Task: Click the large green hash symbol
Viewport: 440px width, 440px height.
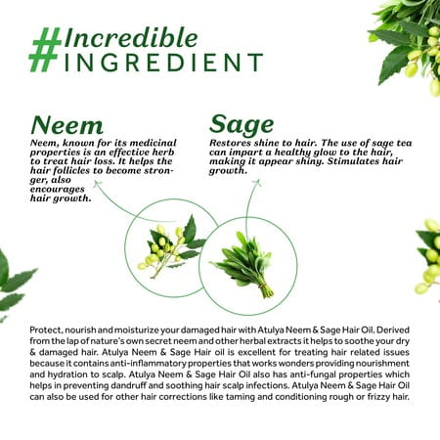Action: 45,50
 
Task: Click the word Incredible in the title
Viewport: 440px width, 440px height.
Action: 131,38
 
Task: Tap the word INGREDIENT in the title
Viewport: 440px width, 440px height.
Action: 164,63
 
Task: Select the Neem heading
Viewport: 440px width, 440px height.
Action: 66,125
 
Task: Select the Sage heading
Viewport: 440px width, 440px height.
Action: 242,125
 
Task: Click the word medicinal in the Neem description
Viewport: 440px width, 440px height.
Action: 153,143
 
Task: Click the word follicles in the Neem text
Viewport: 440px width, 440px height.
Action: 78,170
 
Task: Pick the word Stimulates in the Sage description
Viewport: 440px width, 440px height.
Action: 354,161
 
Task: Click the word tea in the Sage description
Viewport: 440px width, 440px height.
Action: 404,143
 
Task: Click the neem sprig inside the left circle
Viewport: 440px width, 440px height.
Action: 170,248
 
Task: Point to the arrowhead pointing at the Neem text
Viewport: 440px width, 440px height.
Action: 97,184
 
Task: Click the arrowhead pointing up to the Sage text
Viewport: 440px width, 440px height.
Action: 257,183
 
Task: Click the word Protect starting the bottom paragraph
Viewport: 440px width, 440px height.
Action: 46,330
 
